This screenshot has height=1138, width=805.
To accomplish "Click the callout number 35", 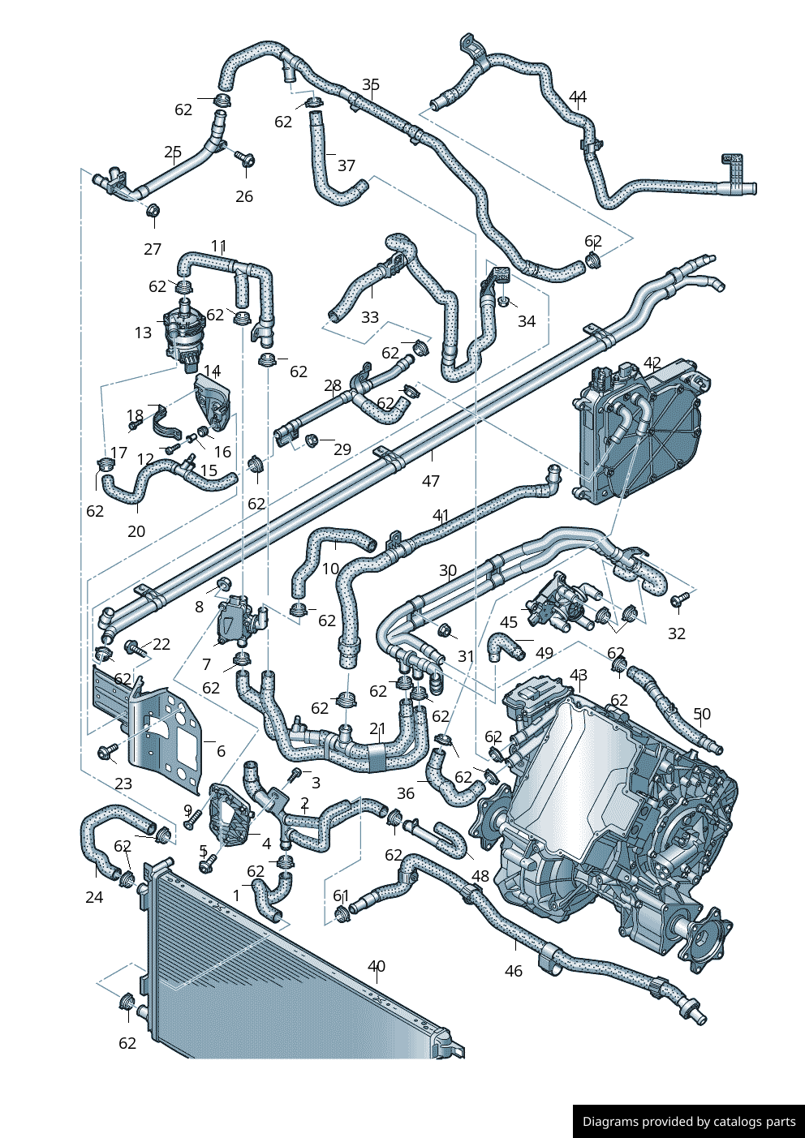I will click(371, 85).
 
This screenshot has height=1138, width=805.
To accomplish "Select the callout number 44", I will click(577, 97).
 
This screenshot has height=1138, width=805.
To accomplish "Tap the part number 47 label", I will click(431, 481).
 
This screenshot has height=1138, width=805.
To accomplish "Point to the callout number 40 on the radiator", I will click(377, 966).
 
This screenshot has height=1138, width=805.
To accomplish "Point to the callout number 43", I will click(579, 675).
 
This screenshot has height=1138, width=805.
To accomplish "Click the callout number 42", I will click(652, 363).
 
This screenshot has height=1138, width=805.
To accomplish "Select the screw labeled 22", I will click(133, 647).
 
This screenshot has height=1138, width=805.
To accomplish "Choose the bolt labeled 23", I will click(105, 753).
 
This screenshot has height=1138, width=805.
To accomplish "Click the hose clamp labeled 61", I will click(342, 915).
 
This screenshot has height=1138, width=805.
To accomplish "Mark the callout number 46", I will click(514, 971).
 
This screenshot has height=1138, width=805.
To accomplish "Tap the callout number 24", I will click(94, 897).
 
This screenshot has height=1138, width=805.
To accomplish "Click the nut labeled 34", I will click(504, 302).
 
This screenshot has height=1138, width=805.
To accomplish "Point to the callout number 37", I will click(347, 165).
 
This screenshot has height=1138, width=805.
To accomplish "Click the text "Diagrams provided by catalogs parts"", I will click(689, 1122).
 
